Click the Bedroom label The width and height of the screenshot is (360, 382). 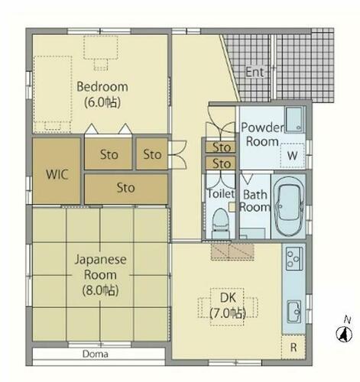102,86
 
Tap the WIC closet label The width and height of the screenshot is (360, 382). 57,174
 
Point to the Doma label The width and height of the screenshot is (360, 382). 96,354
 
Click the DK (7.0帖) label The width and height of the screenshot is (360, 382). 228,306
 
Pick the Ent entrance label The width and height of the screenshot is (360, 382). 255,72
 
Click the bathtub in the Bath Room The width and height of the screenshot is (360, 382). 289,206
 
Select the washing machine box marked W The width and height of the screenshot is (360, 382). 292,155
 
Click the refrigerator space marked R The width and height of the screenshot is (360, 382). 294,347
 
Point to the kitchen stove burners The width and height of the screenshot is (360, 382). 294,258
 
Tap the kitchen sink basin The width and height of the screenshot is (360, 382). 294,312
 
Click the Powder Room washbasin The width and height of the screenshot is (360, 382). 294,120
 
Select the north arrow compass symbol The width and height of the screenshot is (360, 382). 344,335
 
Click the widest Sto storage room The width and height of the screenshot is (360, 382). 126,189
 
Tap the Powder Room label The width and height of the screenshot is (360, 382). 262,134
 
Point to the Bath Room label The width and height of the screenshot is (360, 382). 255,201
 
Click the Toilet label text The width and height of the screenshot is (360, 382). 221,194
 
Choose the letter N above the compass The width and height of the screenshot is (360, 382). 347,320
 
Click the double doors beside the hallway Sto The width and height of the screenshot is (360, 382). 177,154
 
